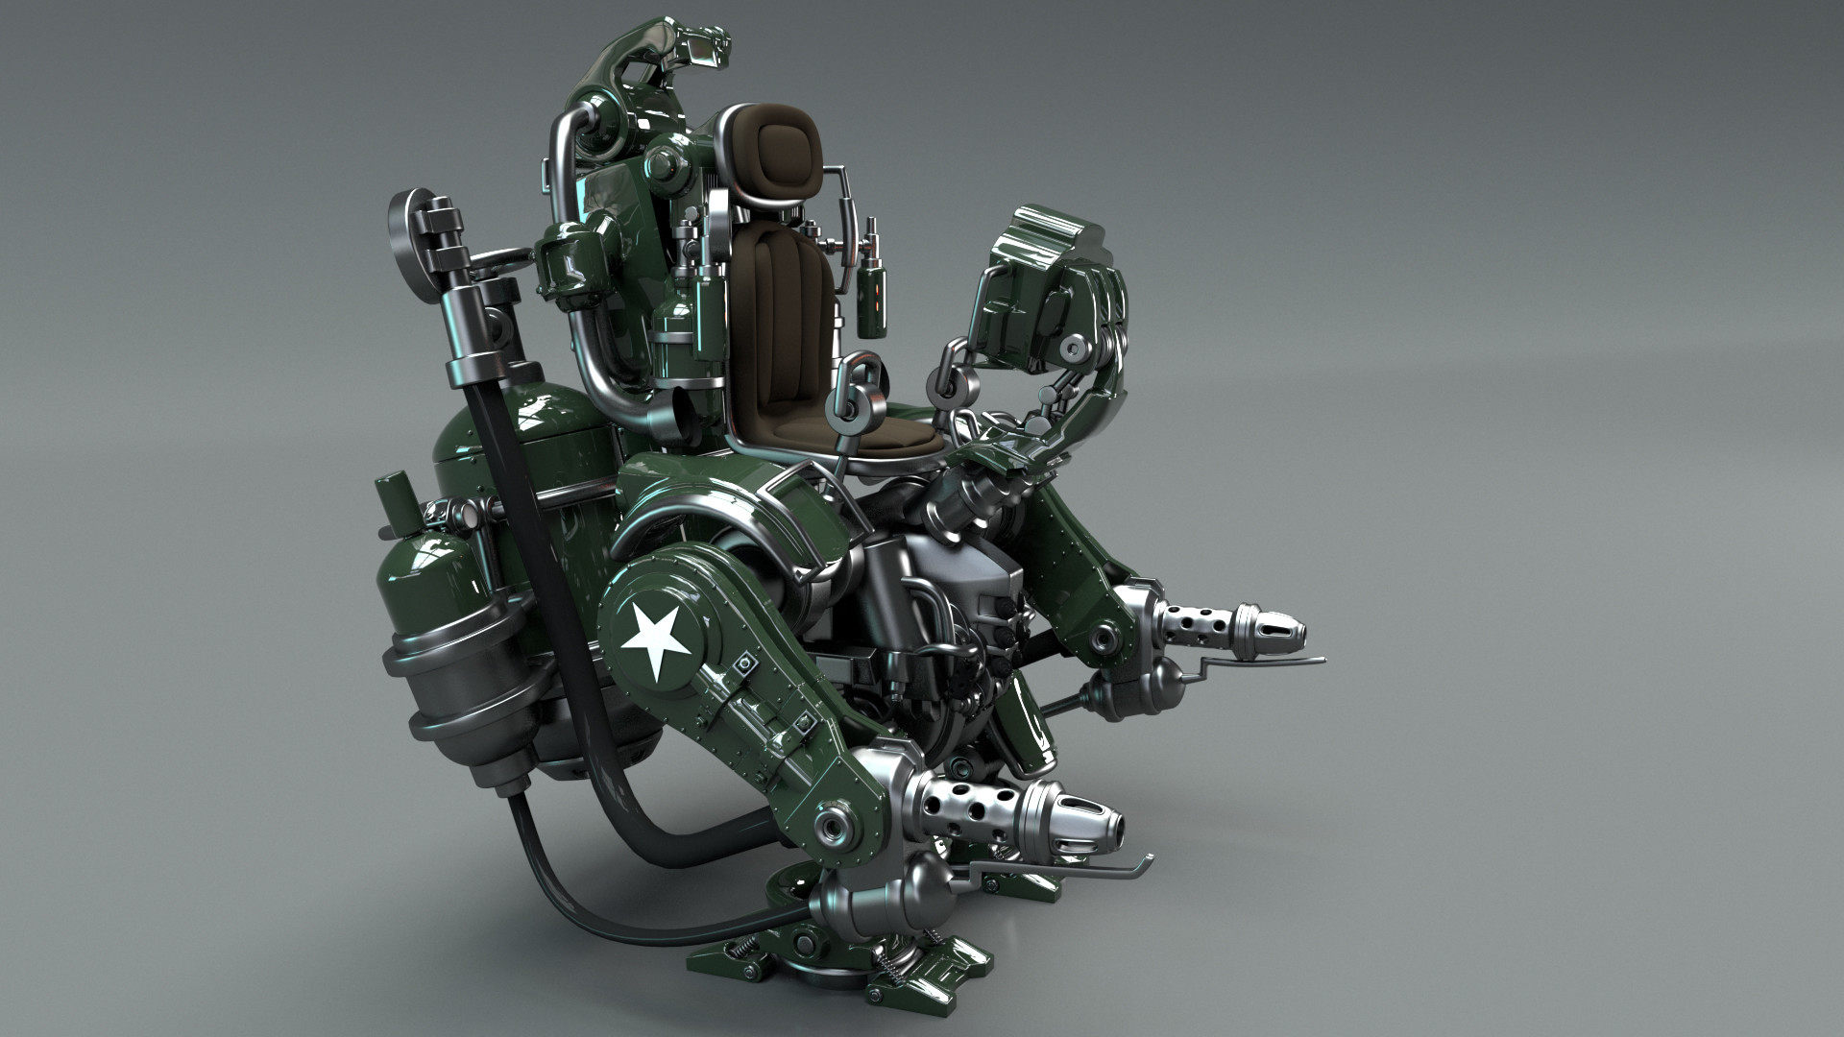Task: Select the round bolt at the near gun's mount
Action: tap(828, 827)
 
